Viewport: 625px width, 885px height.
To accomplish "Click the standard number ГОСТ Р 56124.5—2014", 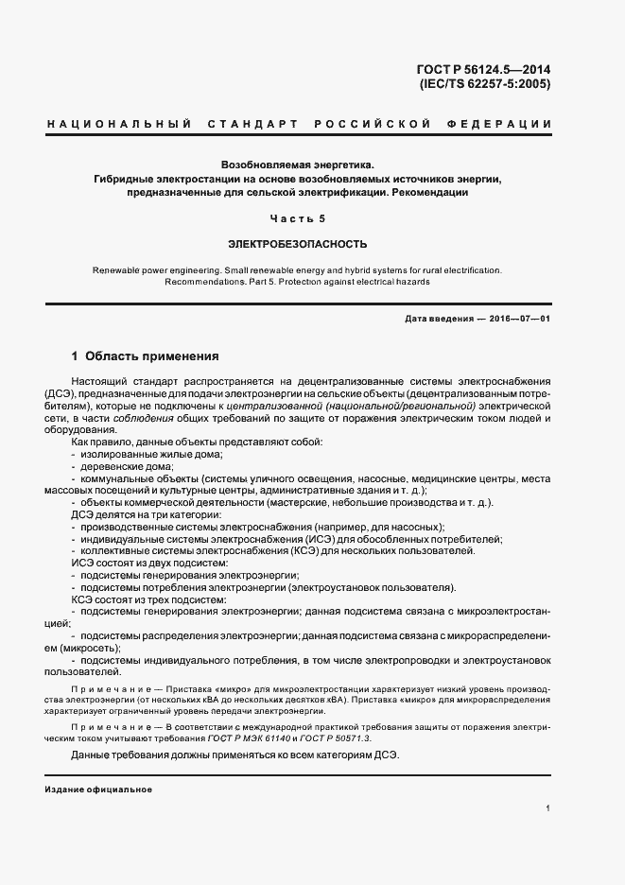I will [x=483, y=68].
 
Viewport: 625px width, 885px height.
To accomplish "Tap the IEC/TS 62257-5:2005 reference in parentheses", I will [x=484, y=83].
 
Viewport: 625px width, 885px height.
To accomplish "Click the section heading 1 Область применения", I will [x=146, y=357].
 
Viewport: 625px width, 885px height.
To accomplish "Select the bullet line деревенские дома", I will [x=127, y=466].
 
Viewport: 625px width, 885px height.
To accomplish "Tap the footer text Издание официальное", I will [x=98, y=789].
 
